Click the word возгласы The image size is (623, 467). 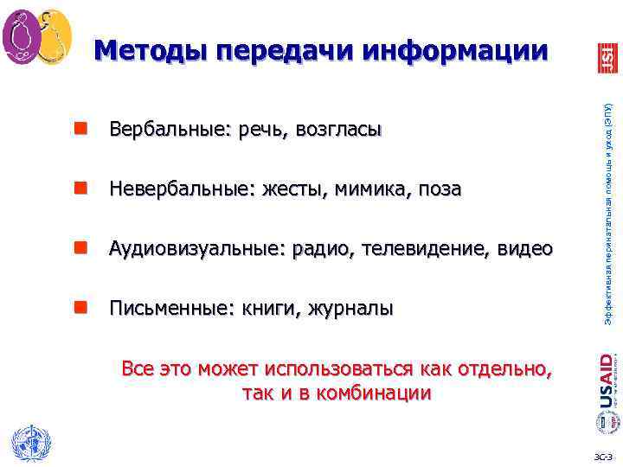pos(337,131)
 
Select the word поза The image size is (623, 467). pos(437,189)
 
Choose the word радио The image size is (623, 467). pos(318,250)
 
